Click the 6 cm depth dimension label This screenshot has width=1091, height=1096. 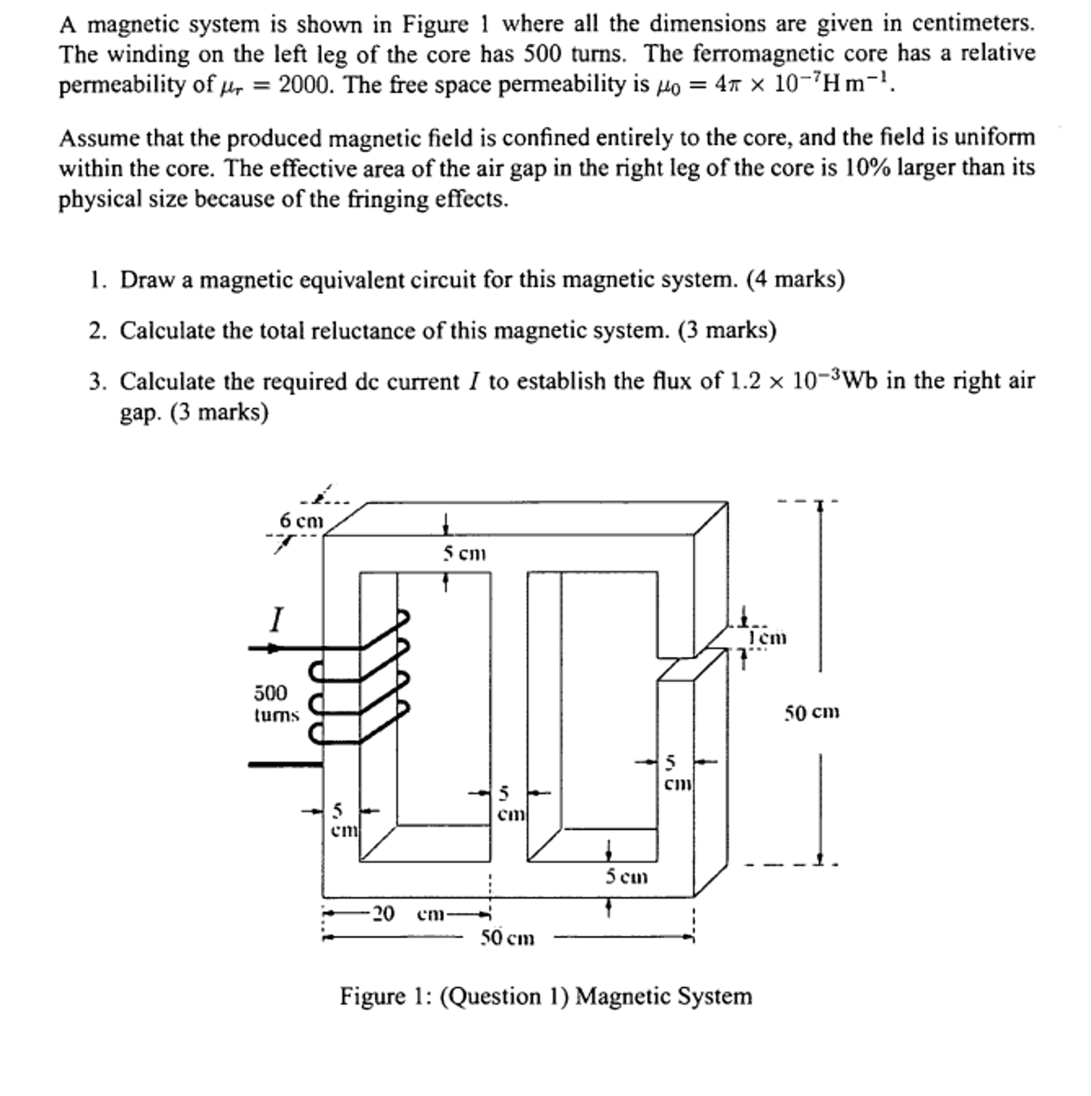click(301, 520)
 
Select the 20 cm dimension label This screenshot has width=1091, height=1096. click(408, 914)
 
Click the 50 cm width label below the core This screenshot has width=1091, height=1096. click(508, 939)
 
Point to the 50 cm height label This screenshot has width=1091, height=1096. click(811, 712)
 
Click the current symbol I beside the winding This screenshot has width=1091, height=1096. click(276, 619)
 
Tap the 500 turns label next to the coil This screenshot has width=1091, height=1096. click(276, 703)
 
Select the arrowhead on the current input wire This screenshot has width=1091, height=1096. click(274, 648)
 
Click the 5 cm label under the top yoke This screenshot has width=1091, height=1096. click(464, 553)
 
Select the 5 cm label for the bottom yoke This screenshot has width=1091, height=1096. click(626, 877)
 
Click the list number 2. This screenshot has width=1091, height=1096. click(97, 331)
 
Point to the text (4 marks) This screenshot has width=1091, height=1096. click(795, 280)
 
